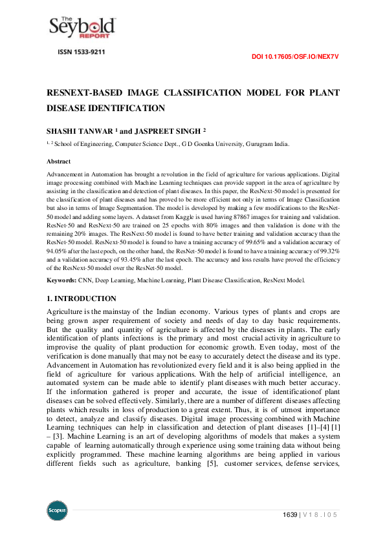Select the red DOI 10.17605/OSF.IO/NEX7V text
(295, 57)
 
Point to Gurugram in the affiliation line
(256, 144)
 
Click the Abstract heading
(58, 162)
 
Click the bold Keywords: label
(62, 280)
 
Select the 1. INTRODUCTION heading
(82, 298)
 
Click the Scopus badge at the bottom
(58, 509)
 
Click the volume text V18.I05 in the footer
(322, 514)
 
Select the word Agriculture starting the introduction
(68, 311)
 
